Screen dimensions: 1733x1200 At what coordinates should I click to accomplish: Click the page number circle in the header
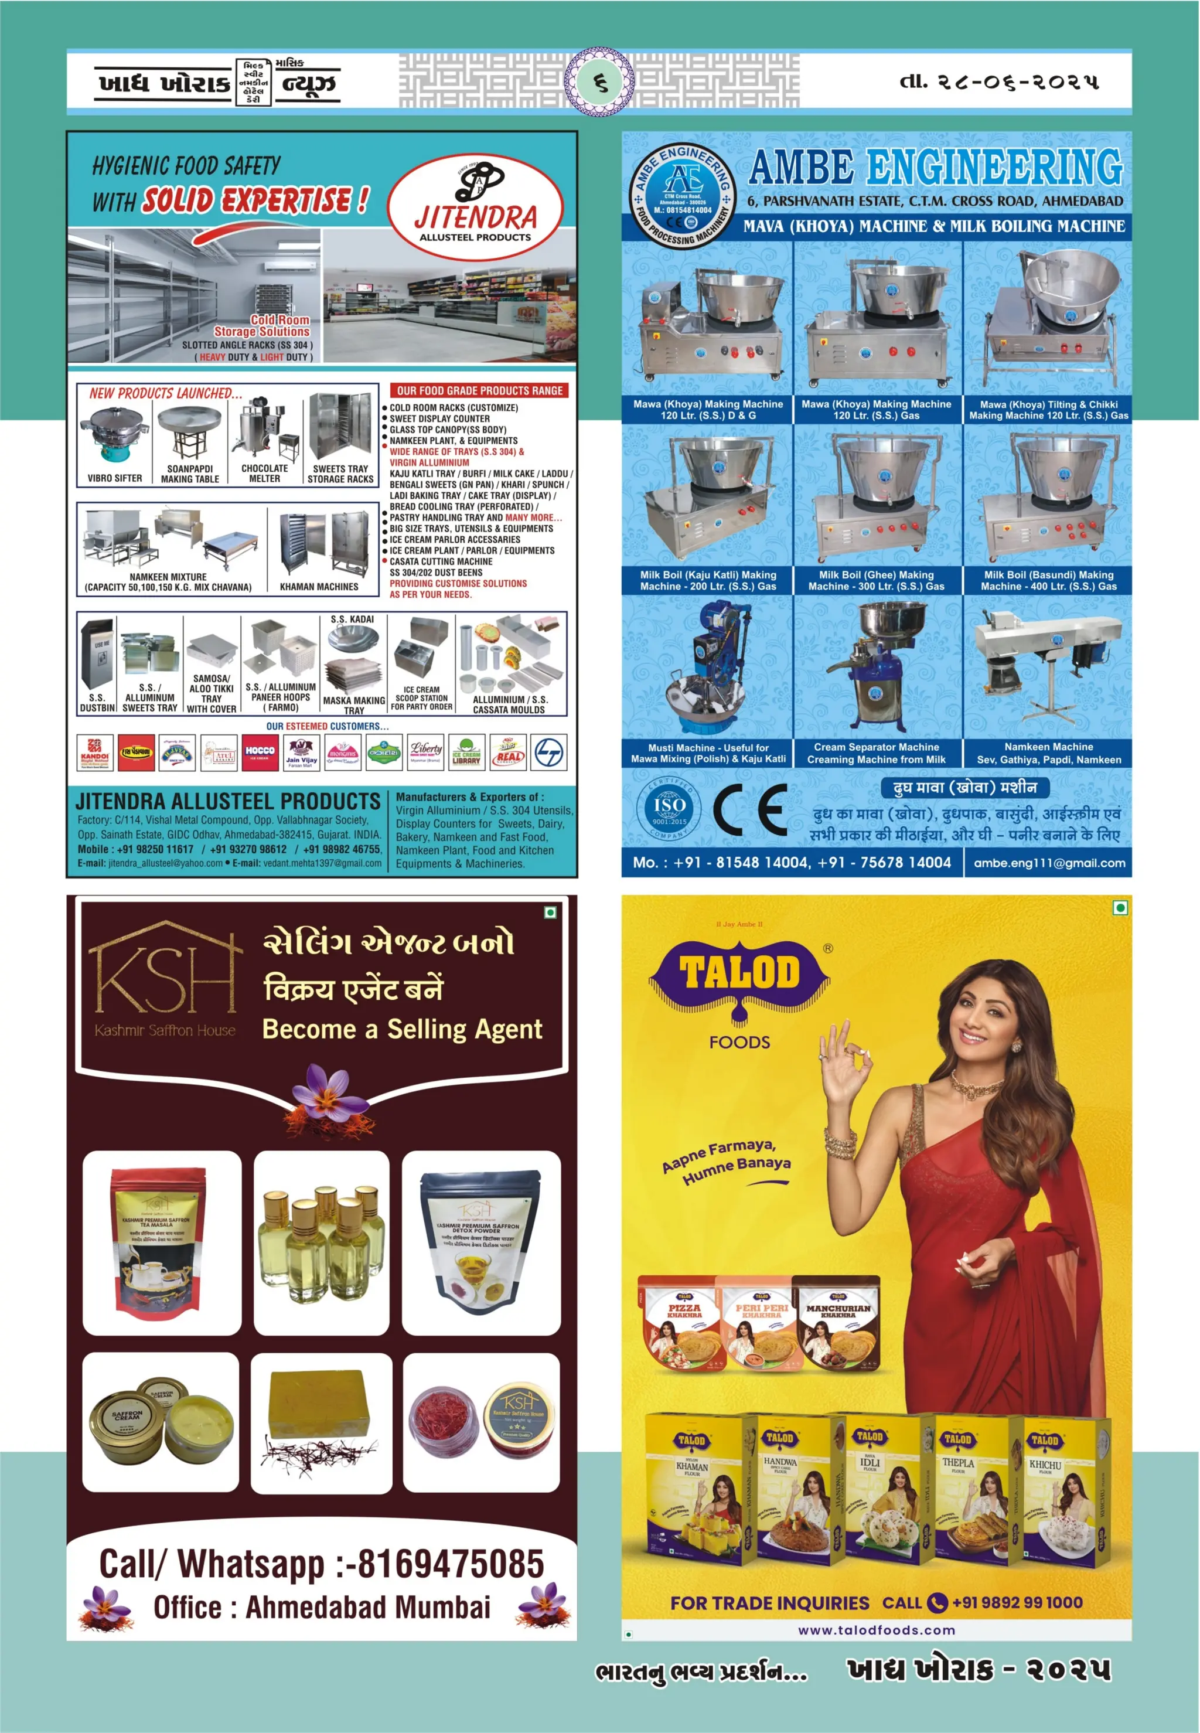pyautogui.click(x=599, y=82)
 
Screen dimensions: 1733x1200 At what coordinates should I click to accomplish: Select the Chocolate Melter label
pyautogui.click(x=265, y=473)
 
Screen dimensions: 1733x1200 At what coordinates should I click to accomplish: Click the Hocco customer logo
pyautogui.click(x=260, y=752)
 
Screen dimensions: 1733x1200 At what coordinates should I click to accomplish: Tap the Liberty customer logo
pyautogui.click(x=425, y=752)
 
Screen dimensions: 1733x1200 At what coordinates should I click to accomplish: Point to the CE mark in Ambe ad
pyautogui.click(x=749, y=811)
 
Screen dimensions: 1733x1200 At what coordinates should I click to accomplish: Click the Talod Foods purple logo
pyautogui.click(x=740, y=978)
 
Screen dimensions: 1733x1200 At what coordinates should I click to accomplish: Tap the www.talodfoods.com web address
pyautogui.click(x=876, y=1630)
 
